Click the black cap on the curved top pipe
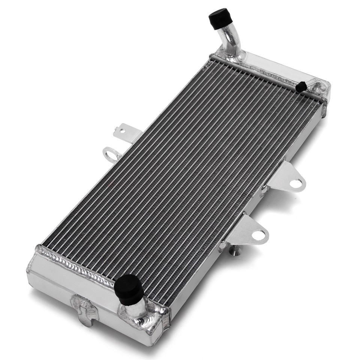[220, 18]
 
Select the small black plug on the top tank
[301, 87]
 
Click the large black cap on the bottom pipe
[129, 288]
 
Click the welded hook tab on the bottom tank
[84, 307]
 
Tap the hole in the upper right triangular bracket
[295, 184]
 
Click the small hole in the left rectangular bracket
[121, 131]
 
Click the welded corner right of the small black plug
[321, 88]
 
